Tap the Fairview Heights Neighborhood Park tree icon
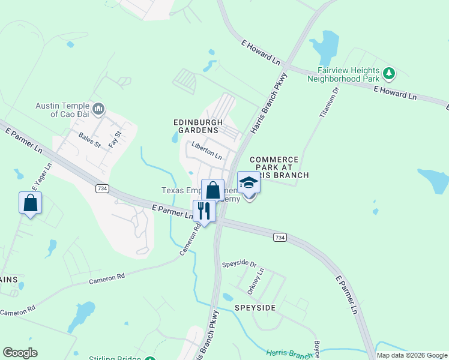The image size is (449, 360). point(390,73)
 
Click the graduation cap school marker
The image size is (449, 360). point(249,182)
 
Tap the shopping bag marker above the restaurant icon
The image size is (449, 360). point(212,190)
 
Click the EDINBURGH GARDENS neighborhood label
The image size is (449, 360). point(195,126)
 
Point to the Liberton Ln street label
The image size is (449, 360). point(207,150)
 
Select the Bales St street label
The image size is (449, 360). point(89,139)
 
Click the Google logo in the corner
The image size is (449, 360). point(20,353)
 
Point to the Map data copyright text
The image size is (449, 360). point(412,355)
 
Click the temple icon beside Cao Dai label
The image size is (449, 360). point(100,109)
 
